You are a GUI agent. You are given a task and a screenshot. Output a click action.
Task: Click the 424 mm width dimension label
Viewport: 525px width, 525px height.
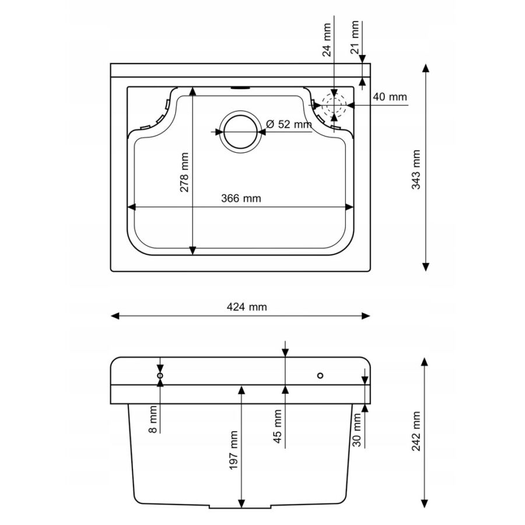click(247, 307)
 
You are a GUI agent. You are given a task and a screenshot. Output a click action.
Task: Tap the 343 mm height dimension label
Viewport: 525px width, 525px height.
click(416, 169)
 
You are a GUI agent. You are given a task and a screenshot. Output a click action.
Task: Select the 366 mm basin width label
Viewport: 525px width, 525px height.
click(241, 198)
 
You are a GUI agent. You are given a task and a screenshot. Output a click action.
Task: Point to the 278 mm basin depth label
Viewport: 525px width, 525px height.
click(184, 172)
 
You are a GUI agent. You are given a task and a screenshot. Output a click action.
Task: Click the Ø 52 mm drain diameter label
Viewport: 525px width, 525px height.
click(289, 124)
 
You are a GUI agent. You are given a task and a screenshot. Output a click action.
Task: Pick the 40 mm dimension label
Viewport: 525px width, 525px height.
click(390, 97)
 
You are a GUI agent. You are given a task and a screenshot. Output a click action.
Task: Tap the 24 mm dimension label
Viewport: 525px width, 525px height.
click(327, 40)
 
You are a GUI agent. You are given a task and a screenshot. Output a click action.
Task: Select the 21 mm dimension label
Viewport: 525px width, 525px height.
click(355, 37)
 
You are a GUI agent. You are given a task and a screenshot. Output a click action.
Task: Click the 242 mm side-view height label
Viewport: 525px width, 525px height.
click(416, 431)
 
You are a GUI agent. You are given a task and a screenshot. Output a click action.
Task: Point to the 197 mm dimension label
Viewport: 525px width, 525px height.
click(234, 450)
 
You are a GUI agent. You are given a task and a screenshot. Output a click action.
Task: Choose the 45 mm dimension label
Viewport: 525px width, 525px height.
click(278, 426)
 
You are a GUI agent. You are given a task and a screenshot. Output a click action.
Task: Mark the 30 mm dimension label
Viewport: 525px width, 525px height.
click(357, 430)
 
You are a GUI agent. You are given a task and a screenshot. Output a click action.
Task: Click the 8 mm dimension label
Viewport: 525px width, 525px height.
click(153, 419)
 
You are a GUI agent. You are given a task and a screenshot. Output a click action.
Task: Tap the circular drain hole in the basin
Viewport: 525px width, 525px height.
click(240, 132)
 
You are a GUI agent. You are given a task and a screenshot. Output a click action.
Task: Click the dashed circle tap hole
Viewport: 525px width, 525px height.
click(334, 105)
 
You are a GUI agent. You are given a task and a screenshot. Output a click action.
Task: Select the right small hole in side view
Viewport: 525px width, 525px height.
click(320, 375)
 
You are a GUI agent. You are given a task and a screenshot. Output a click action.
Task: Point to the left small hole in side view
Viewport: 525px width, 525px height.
click(160, 375)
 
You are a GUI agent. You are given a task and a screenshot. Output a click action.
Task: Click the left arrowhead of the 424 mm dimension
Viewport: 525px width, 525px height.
click(115, 316)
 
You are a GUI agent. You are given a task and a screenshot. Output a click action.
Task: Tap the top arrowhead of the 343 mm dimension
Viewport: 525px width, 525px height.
click(426, 68)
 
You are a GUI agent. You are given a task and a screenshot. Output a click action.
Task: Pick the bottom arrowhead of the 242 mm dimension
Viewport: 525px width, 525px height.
click(425, 503)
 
